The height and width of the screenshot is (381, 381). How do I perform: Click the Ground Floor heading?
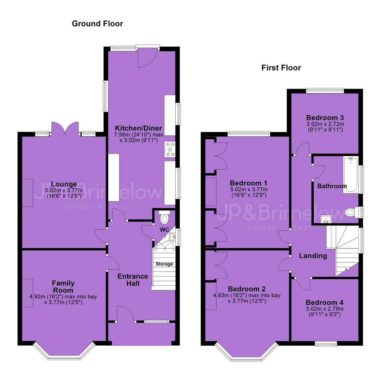[x=97, y=24]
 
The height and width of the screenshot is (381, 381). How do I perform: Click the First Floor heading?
[x=281, y=68]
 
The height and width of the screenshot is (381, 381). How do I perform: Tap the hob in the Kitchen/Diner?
[x=170, y=150]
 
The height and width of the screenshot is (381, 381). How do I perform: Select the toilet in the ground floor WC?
[x=164, y=217]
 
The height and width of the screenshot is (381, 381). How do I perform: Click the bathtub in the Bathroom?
[x=351, y=175]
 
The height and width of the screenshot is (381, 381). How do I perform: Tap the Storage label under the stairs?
[x=164, y=264]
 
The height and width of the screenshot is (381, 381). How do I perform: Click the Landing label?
[x=313, y=256]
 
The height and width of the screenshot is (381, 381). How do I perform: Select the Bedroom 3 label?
[x=325, y=117]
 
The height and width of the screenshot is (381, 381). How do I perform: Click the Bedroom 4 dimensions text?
[x=325, y=312]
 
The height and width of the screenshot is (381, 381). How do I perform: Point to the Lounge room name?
[x=64, y=184]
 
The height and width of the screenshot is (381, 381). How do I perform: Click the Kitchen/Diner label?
[x=139, y=128]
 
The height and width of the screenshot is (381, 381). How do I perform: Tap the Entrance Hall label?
[x=133, y=280]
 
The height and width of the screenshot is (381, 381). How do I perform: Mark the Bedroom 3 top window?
[x=325, y=90]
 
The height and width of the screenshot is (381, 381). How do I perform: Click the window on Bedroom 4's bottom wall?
[x=326, y=343]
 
